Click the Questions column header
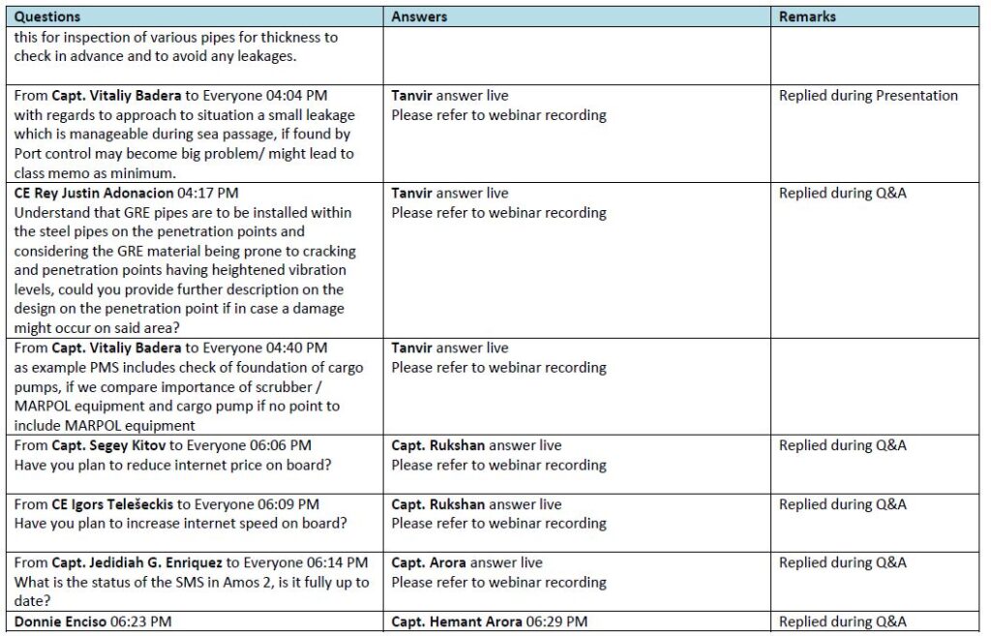click(47, 16)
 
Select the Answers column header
click(419, 16)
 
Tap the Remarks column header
click(807, 16)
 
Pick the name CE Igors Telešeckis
click(120, 504)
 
